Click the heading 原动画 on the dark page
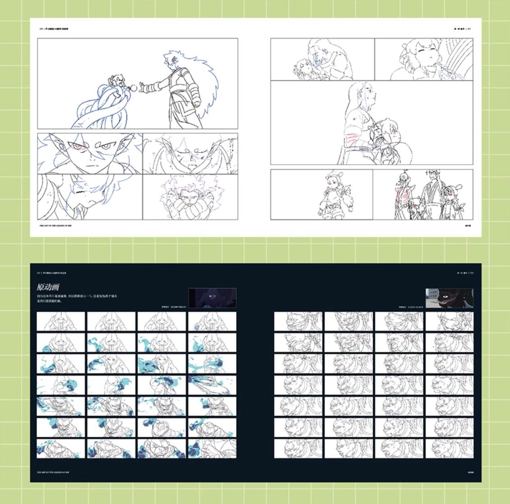click(x=49, y=287)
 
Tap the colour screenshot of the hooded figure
click(x=212, y=298)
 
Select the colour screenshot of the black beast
click(x=449, y=298)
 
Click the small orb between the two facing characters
click(x=134, y=87)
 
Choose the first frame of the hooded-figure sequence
click(x=61, y=321)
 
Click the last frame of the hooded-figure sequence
click(x=212, y=449)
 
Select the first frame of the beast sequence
click(x=298, y=321)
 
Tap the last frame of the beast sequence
click(x=450, y=449)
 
